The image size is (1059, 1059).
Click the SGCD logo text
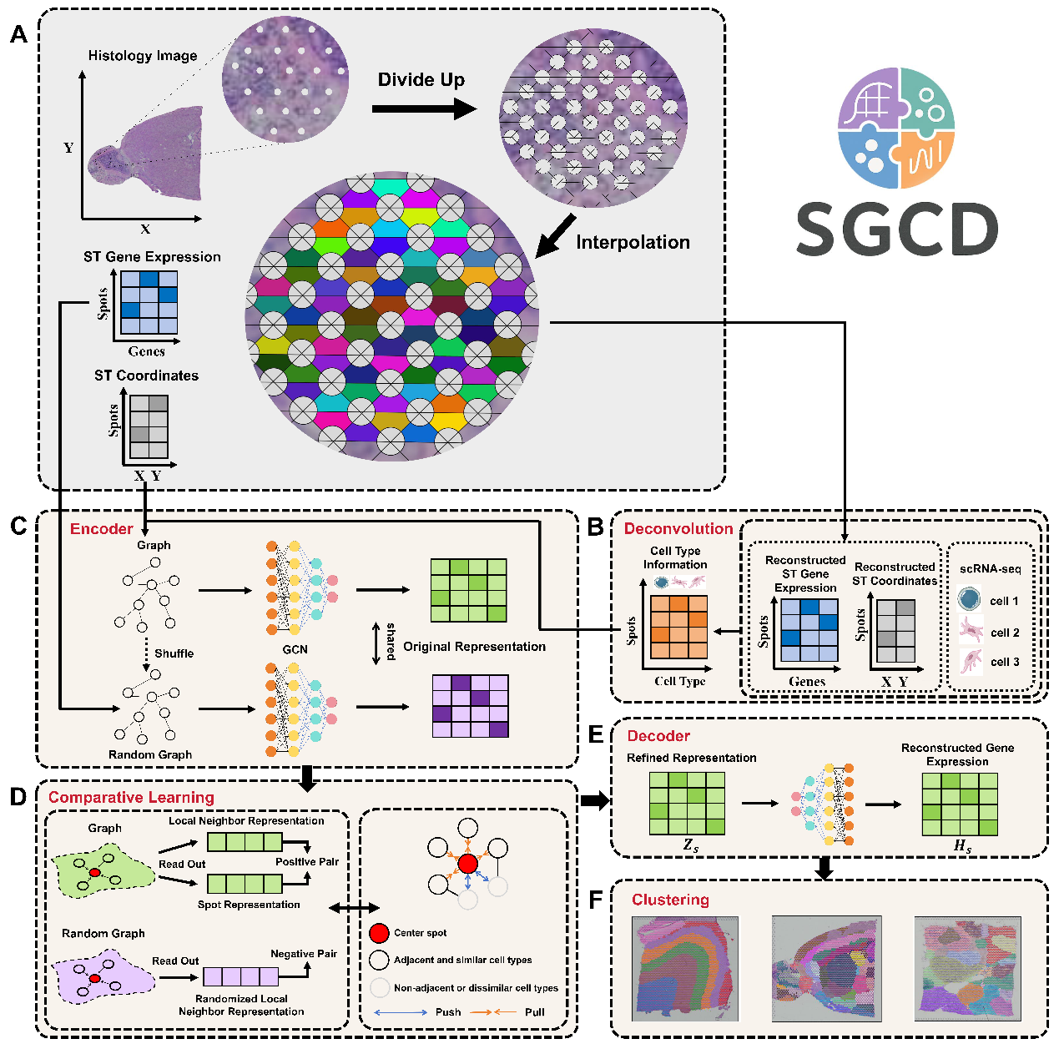[x=897, y=229]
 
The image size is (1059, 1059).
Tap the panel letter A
[x=18, y=35]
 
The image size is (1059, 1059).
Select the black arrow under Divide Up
[x=423, y=108]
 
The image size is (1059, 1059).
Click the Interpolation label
[x=633, y=242]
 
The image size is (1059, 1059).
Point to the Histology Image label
[x=143, y=56]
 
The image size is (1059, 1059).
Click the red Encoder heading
[x=101, y=529]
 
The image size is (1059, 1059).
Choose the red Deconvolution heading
[x=678, y=529]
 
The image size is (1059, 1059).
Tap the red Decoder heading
[x=658, y=736]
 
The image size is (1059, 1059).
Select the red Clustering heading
[x=670, y=900]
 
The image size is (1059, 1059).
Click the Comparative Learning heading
[x=131, y=797]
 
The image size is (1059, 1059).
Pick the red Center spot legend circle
[x=379, y=933]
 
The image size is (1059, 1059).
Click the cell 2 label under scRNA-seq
[x=1005, y=633]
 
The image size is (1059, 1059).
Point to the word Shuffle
[x=174, y=653]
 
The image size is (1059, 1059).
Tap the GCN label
[x=295, y=649]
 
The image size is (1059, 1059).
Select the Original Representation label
[x=474, y=647]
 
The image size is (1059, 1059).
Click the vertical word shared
[x=391, y=642]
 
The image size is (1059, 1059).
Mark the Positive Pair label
[x=307, y=862]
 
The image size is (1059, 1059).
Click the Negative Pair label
[x=304, y=953]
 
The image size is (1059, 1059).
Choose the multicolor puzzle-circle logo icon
[x=896, y=128]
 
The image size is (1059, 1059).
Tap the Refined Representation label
[x=692, y=758]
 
